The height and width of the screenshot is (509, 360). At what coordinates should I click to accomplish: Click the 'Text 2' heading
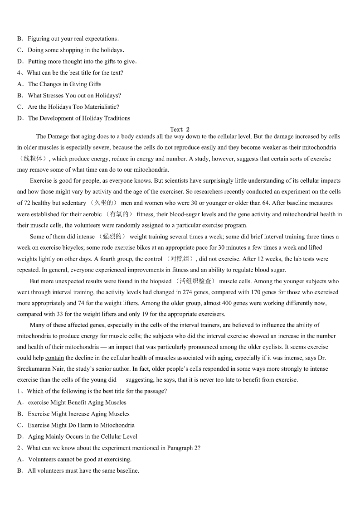(180, 130)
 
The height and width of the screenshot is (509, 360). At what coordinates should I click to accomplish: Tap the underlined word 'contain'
(55, 358)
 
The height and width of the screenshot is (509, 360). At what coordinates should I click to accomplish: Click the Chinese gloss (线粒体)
(33, 159)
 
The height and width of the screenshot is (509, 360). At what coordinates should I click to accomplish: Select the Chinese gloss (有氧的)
(119, 214)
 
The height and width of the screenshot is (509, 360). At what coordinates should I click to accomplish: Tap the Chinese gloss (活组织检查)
(195, 281)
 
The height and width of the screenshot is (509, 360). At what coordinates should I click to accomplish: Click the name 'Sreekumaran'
(34, 369)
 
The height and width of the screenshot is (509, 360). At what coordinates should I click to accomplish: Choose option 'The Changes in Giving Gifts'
(64, 84)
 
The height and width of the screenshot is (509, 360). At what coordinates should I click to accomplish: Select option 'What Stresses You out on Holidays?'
(74, 96)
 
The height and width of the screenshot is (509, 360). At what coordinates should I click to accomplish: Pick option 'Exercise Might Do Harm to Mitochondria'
(81, 425)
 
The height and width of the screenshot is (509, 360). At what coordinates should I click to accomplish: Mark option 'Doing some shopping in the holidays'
(75, 50)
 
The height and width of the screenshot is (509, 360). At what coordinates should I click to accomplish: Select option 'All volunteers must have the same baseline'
(83, 470)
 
